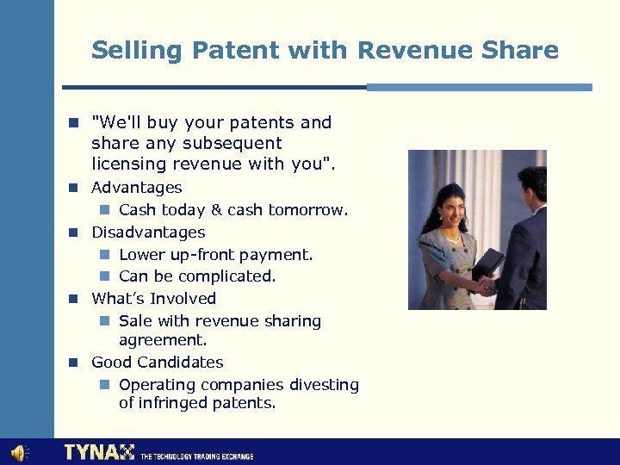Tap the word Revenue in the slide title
click(x=410, y=50)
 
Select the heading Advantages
click(x=136, y=188)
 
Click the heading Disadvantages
click(x=148, y=232)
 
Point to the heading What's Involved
click(x=153, y=299)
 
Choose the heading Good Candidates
click(x=157, y=363)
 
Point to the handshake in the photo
click(x=487, y=283)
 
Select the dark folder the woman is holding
click(x=488, y=262)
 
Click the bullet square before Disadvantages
click(x=75, y=232)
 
